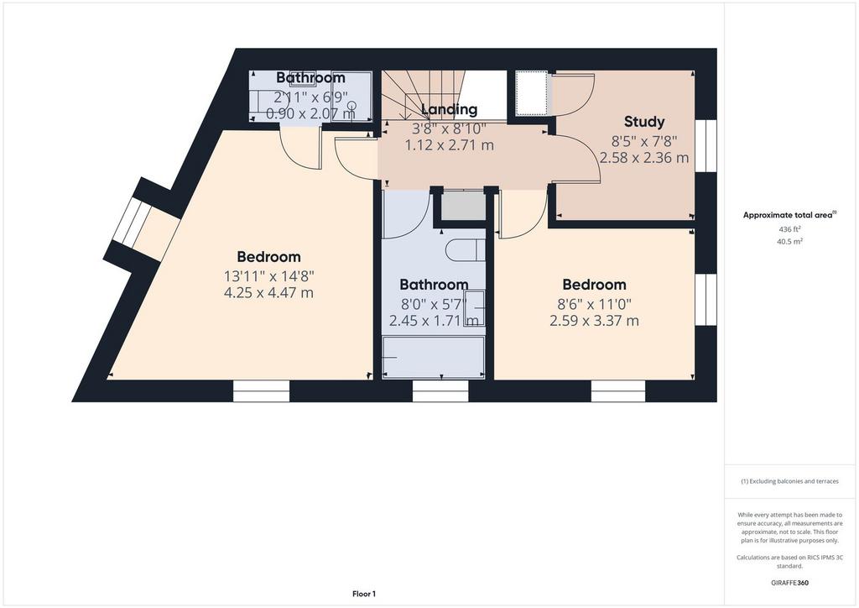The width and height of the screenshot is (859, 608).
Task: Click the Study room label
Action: coord(644,122)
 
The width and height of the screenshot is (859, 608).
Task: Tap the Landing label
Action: coord(450,109)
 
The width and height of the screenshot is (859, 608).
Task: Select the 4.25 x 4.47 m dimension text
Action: coord(268,293)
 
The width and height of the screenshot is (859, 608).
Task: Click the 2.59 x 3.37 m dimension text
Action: coord(595,321)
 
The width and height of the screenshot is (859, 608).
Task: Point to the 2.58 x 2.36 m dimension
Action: coord(644,158)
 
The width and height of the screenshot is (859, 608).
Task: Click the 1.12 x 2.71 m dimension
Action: coord(450,145)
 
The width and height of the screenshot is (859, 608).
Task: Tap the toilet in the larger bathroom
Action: coord(465,250)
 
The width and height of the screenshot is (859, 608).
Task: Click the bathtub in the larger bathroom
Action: coord(434,358)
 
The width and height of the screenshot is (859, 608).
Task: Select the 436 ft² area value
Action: coord(789,229)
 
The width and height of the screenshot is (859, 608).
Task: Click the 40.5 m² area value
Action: coord(789,241)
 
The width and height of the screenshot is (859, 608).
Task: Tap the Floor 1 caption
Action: coord(364,594)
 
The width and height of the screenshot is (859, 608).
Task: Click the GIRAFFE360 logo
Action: coord(789,583)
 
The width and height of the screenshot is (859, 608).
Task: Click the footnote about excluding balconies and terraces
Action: coord(789,481)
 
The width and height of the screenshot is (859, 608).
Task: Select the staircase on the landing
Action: coord(423,96)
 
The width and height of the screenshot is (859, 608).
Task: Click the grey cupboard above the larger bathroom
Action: coord(464,205)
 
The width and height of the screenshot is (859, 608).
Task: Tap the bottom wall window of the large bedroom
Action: coord(262,390)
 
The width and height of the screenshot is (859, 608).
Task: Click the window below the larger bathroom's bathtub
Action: coord(440,390)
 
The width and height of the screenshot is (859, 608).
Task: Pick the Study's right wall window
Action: coord(706,146)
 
